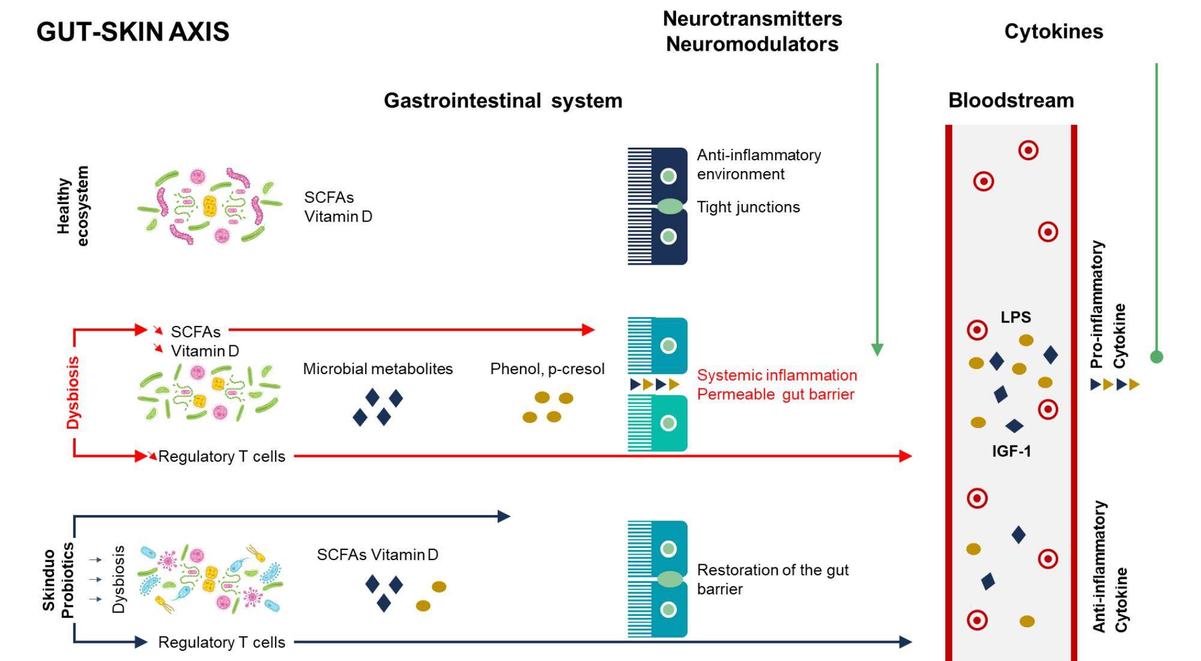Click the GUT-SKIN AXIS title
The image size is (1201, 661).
(133, 32)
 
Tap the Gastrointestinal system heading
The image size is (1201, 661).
(503, 100)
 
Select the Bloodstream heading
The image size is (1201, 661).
(1011, 100)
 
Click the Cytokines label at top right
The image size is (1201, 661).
(1053, 31)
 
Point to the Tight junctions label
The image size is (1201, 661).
(748, 207)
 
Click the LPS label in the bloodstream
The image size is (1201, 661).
(1015, 317)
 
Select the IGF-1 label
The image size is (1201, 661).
(1011, 451)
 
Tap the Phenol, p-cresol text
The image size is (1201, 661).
(547, 369)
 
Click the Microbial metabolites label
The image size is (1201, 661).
(378, 369)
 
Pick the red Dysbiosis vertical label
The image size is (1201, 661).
(73, 393)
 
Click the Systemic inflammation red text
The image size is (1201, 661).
(777, 375)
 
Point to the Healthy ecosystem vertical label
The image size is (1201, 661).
(73, 206)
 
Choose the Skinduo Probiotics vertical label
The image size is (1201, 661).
(58, 581)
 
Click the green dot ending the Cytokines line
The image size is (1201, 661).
(1156, 357)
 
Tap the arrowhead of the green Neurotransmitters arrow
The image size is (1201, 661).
(877, 350)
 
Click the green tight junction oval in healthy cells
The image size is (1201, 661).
(670, 207)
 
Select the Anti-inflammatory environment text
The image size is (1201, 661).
(758, 164)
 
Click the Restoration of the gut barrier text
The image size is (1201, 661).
(772, 579)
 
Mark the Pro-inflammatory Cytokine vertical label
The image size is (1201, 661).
(1108, 305)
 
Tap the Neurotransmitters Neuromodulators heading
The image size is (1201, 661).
(752, 31)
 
